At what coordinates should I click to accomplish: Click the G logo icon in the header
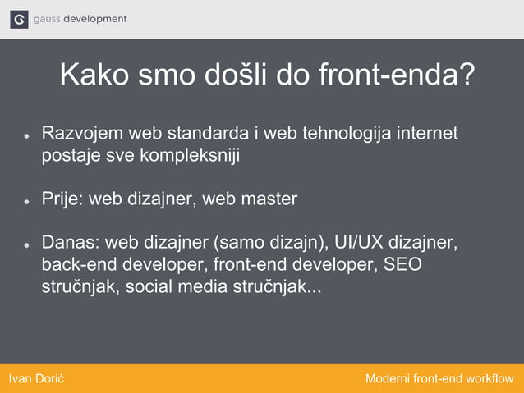point(19,20)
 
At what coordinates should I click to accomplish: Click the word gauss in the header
point(48,19)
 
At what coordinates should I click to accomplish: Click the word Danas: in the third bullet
point(71,243)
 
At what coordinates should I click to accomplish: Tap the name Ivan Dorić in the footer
point(36,378)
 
